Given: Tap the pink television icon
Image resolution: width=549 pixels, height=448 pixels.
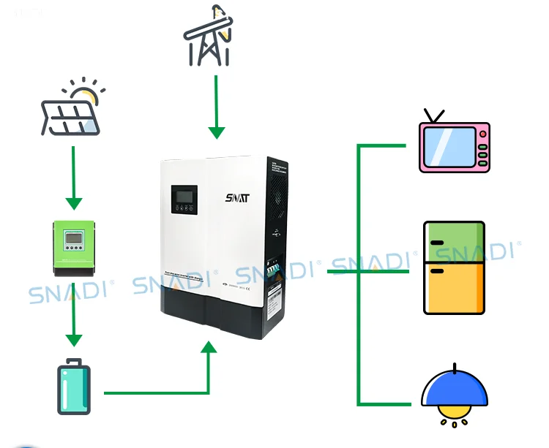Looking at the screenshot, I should (453, 146).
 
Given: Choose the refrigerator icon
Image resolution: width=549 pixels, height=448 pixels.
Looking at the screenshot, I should (454, 267).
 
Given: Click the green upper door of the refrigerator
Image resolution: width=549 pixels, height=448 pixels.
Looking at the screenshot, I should (454, 243).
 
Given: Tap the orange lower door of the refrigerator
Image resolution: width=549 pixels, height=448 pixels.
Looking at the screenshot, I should (454, 288).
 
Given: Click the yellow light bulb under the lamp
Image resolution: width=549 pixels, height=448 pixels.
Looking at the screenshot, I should (454, 418).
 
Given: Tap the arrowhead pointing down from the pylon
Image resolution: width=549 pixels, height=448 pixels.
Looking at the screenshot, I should (216, 132).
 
